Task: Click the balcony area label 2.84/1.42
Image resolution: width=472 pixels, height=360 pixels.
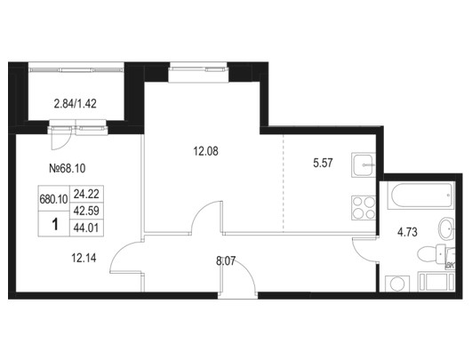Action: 76,104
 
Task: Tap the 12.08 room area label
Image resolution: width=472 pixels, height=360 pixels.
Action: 205,151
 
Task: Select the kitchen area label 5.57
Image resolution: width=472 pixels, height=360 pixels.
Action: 323,164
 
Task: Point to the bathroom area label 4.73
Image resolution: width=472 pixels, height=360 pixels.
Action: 407,232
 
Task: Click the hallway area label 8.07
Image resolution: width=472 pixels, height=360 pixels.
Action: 226,260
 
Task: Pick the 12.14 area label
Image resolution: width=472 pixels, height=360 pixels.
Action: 84,258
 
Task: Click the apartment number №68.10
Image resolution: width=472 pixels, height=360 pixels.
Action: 68,168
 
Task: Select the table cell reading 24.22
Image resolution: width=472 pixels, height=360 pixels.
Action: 86,194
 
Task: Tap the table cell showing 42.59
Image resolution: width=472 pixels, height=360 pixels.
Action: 86,211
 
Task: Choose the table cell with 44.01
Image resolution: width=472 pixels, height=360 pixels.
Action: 86,228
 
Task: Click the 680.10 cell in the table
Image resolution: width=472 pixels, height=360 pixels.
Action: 53,199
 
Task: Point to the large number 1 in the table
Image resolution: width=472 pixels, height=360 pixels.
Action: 55,224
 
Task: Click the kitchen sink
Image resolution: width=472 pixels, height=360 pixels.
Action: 364,165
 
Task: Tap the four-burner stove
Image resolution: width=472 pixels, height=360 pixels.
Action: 364,208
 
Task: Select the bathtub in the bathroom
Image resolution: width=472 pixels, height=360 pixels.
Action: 420,196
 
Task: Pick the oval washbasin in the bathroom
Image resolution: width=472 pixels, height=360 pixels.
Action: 446,228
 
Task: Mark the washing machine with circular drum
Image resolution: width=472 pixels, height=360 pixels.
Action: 397,284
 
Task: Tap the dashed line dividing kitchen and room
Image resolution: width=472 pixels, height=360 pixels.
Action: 284,183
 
